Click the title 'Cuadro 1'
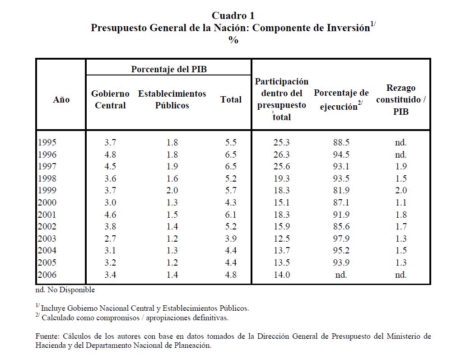point(233,16)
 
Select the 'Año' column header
point(61,99)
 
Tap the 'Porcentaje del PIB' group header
point(168,69)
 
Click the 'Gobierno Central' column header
point(110,99)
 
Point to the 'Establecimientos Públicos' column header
point(172,99)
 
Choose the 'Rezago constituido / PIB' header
point(400,99)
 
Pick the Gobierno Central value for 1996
point(110,154)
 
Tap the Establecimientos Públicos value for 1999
point(172,190)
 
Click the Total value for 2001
point(231,215)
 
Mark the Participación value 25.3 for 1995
point(281,142)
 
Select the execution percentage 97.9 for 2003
point(341,238)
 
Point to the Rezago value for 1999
point(400,190)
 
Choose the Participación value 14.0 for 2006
point(281,275)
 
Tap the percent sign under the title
point(233,40)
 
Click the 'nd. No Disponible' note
point(65,290)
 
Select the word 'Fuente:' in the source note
point(47,337)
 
